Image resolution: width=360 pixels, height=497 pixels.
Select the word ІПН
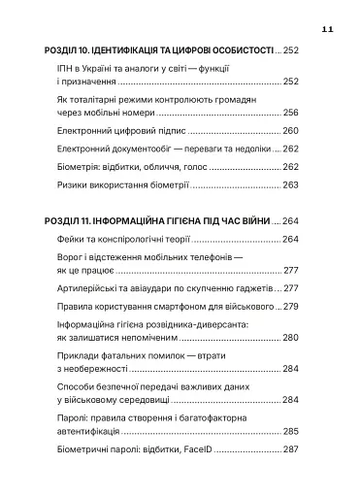67,69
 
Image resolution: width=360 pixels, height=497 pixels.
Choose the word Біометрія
81,166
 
